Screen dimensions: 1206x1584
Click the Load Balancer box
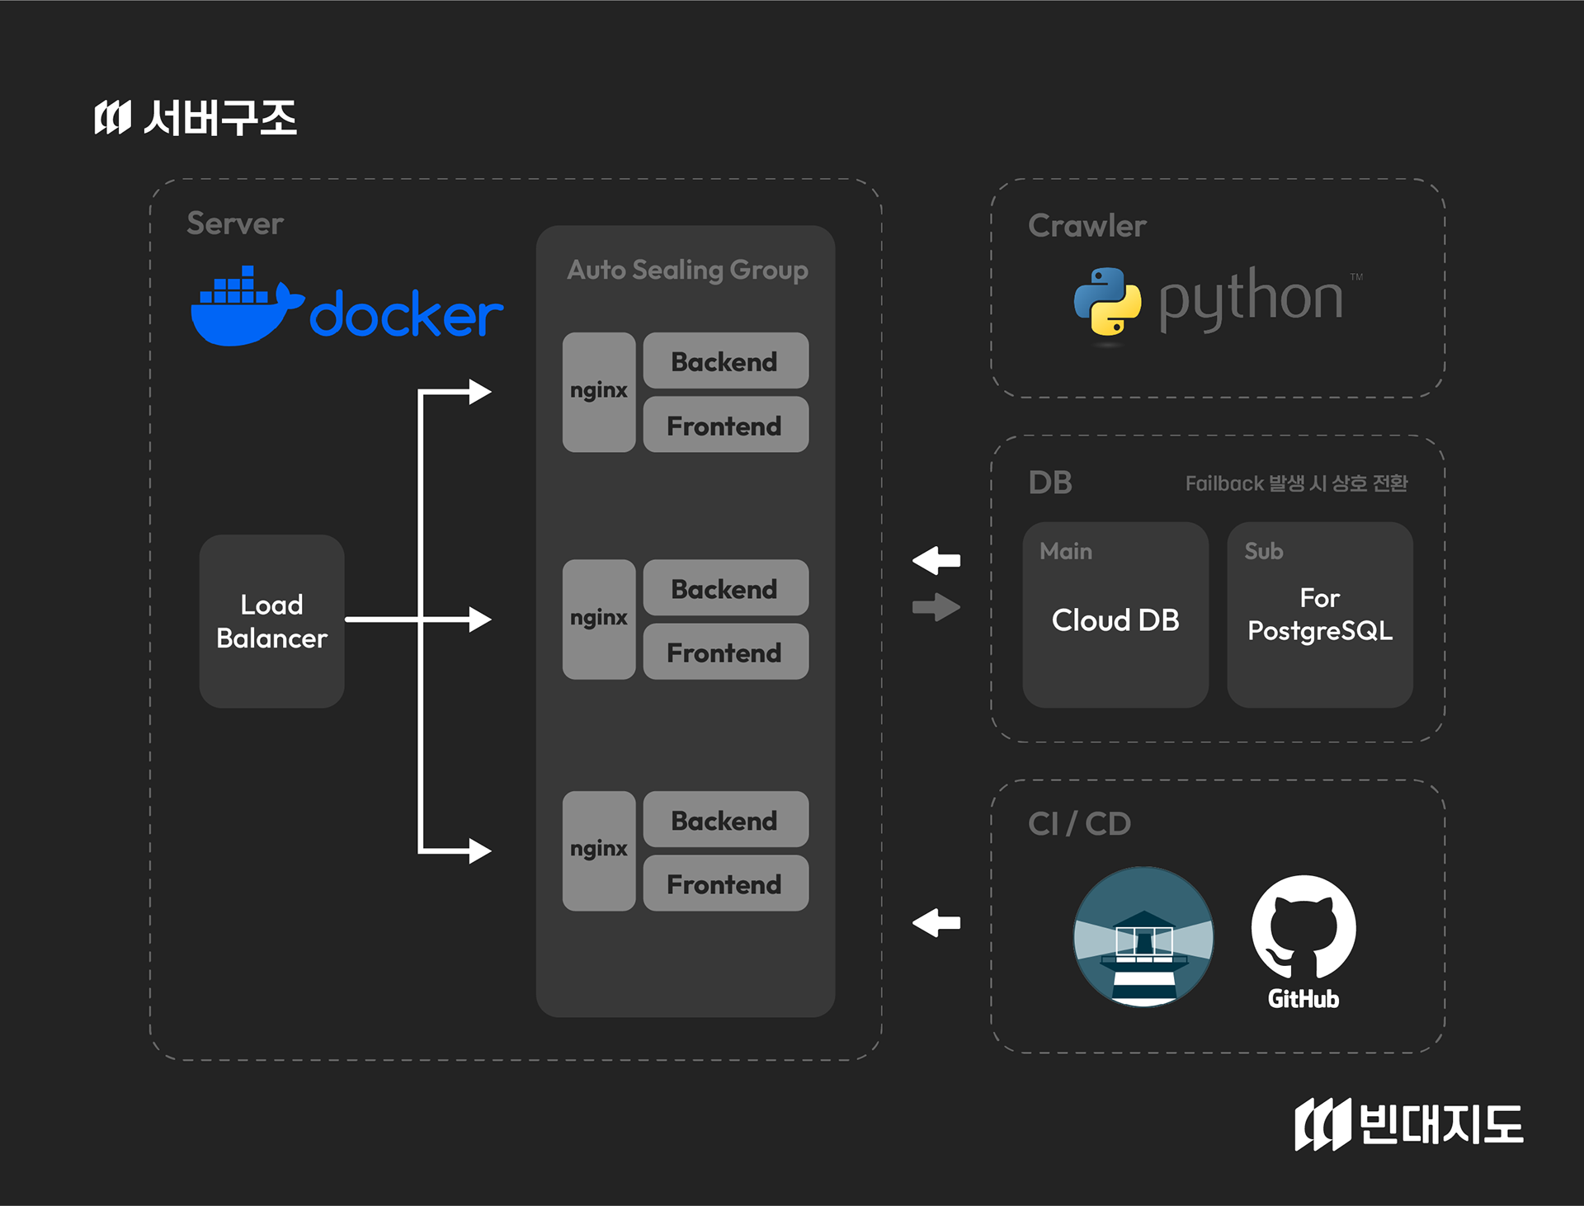tap(271, 620)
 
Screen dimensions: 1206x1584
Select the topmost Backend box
tap(725, 360)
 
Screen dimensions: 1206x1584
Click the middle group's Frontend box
tap(725, 652)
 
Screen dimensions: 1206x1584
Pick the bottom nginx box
tap(598, 850)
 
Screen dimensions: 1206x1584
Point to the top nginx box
tap(598, 392)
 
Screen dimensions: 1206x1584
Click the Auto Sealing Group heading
tap(687, 270)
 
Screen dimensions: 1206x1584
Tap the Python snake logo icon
tap(1107, 300)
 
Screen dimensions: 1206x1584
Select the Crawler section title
tap(1087, 226)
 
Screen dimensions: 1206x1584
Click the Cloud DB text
tap(1115, 620)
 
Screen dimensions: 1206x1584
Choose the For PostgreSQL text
tap(1320, 615)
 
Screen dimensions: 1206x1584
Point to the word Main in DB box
tap(1066, 551)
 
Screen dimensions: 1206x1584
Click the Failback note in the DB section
tap(1296, 483)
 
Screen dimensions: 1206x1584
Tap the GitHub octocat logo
tap(1303, 928)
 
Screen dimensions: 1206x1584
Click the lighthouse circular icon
tap(1143, 936)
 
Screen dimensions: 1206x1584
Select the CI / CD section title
tap(1079, 823)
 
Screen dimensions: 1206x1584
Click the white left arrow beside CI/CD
tap(936, 922)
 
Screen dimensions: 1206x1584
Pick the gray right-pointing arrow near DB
tap(936, 608)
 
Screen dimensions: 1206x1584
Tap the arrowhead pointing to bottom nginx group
tap(479, 850)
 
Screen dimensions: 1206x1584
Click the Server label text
tap(235, 224)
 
